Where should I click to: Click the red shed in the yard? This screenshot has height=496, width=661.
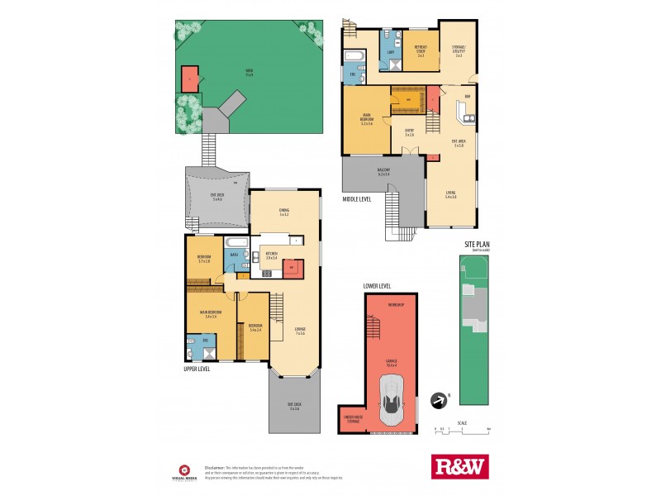coord(190,79)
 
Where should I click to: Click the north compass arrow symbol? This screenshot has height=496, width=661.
coord(438,401)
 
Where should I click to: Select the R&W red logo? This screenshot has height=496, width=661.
coord(460,466)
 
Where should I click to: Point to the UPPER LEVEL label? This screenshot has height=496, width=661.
coord(197,369)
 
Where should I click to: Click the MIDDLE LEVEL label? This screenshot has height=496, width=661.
coord(357,199)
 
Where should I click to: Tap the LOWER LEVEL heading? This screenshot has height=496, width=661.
coord(377,286)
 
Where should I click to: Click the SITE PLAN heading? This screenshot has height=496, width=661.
coord(477,246)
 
